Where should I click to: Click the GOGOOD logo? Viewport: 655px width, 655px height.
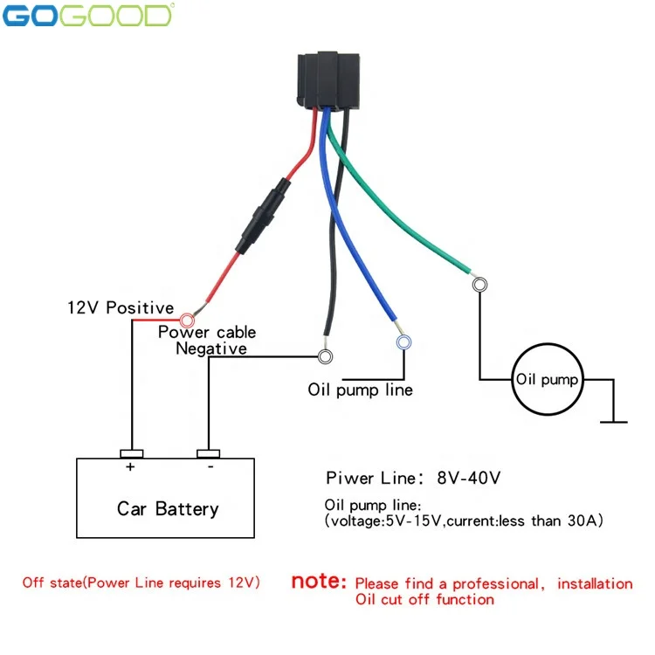(88, 16)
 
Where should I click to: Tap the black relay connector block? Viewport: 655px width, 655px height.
(328, 80)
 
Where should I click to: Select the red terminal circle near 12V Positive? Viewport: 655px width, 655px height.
(187, 321)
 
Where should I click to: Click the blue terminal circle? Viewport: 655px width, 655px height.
(403, 342)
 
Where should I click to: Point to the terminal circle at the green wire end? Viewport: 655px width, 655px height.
(479, 285)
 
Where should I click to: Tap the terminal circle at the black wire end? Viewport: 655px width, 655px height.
(326, 356)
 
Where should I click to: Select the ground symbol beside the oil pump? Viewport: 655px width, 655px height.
(614, 422)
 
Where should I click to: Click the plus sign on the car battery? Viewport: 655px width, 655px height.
(130, 466)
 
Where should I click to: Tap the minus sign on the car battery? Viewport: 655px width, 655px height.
(210, 466)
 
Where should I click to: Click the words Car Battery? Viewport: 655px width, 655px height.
(168, 509)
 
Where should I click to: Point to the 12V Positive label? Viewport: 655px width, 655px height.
(121, 308)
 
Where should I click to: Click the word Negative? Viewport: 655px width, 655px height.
(211, 348)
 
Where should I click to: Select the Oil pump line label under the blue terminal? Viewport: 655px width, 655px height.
(361, 390)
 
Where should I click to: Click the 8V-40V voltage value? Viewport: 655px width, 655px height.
(469, 478)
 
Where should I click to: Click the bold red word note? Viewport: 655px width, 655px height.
(319, 581)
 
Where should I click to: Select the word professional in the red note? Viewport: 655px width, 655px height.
(496, 584)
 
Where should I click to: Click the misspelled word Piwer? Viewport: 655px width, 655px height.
(350, 478)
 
